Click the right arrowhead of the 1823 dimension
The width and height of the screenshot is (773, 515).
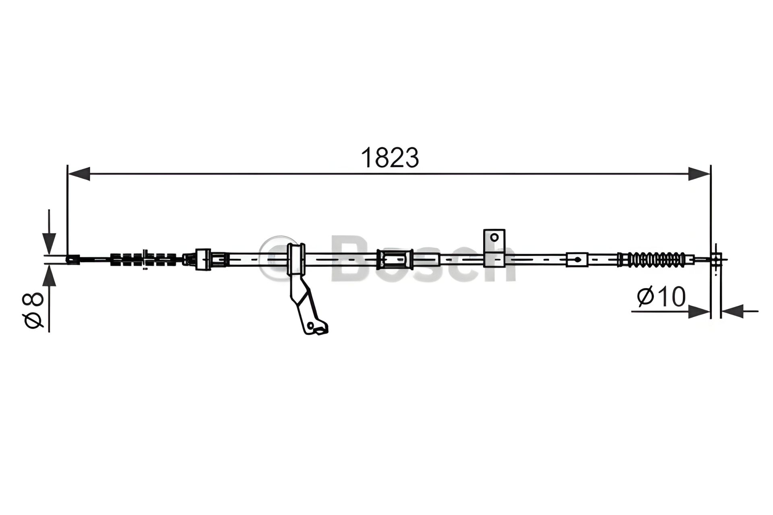coord(699,174)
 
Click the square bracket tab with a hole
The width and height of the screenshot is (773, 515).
coord(494,237)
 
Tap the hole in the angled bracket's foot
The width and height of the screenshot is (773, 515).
coord(310,325)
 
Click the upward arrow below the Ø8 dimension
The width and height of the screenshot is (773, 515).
coord(49,278)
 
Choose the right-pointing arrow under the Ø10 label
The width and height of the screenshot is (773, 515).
coord(699,311)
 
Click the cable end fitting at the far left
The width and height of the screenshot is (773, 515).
coord(72,260)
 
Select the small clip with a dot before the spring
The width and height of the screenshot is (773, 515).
coord(577,260)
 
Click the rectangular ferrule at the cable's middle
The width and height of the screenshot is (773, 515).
coord(395,260)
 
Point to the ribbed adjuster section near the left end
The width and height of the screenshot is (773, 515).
coord(143,260)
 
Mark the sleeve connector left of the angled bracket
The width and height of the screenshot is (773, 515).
coord(203,260)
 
